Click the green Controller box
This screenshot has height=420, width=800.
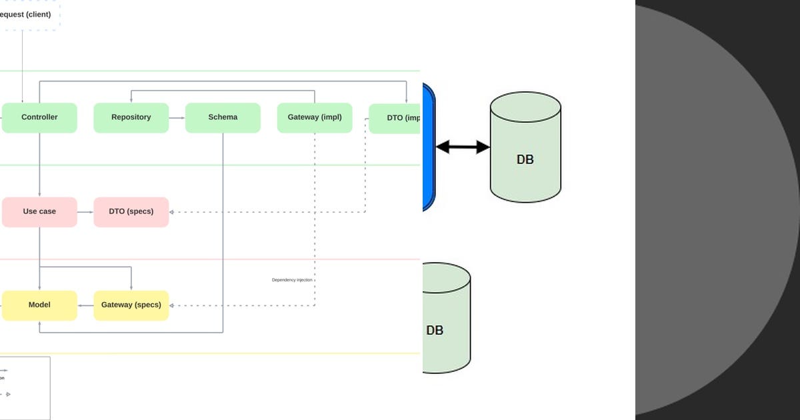39,117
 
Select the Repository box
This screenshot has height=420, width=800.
131,117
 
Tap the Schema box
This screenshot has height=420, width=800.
223,117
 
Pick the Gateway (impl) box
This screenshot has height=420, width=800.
315,117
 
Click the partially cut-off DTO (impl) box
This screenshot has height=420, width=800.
395,118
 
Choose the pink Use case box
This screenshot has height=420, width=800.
39,211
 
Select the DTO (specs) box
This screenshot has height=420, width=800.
131,211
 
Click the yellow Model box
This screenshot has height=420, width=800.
39,305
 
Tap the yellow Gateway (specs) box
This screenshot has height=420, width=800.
131,305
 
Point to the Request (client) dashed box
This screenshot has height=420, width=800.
27,15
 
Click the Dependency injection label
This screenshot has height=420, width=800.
292,280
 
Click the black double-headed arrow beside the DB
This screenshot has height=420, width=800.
463,147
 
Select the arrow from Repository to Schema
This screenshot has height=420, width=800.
177,118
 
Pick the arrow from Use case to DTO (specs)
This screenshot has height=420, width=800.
85,212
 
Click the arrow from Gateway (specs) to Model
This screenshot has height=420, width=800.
85,306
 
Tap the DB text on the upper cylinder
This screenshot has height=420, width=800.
525,160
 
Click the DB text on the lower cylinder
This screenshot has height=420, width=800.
435,331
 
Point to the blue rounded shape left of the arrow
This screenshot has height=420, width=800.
428,147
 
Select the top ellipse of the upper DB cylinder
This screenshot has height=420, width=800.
525,107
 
